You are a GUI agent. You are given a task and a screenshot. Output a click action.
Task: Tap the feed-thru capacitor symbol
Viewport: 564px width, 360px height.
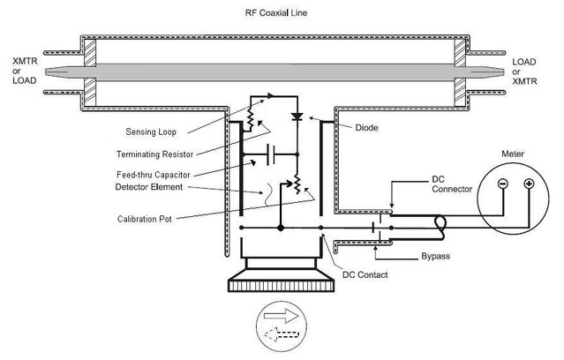[269, 160]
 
